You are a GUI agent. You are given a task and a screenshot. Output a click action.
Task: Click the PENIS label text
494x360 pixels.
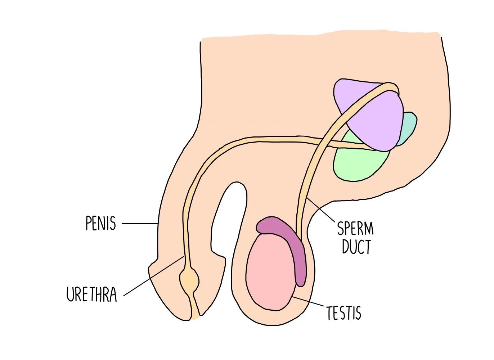pyautogui.click(x=101, y=224)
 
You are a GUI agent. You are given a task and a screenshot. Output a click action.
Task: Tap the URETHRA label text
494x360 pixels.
pyautogui.click(x=92, y=294)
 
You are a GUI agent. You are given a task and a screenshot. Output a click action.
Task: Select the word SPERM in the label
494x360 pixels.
pyautogui.click(x=355, y=228)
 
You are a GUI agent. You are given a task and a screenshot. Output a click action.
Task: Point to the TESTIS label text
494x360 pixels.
pyautogui.click(x=343, y=313)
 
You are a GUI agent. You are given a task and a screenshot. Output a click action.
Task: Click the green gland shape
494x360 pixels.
pyautogui.click(x=356, y=162)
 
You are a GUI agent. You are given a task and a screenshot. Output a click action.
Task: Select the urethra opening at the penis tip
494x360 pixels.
pyautogui.click(x=195, y=317)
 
